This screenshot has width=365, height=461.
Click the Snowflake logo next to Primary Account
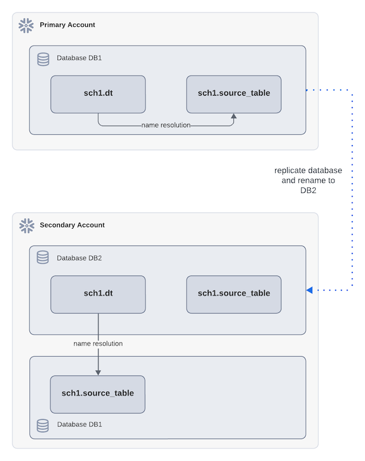click(x=26, y=25)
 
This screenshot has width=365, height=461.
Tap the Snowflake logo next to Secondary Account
click(x=26, y=225)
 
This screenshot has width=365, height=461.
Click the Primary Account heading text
click(x=67, y=25)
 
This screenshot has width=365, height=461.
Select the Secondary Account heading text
click(x=72, y=225)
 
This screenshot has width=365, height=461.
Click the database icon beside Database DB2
click(x=43, y=258)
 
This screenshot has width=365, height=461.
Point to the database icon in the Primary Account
click(x=43, y=59)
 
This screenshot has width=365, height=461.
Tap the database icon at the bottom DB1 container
click(x=43, y=425)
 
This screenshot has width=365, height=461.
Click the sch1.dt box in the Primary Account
click(x=98, y=94)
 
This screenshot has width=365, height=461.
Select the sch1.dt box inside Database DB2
click(x=98, y=294)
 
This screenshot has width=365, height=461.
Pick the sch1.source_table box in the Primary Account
click(x=234, y=94)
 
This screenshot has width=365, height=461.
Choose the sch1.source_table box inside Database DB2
click(x=234, y=294)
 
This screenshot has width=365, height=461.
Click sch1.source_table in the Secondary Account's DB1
click(x=98, y=394)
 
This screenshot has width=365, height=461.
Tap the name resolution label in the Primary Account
click(x=166, y=126)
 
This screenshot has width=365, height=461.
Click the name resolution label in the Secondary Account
click(x=98, y=344)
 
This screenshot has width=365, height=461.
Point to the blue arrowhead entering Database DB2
click(x=309, y=290)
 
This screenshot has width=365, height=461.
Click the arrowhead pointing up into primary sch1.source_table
click(x=234, y=116)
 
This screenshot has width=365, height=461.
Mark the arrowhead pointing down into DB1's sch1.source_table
click(x=98, y=372)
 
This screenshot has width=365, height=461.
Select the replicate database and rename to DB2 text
click(x=308, y=181)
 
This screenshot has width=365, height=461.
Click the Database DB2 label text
click(x=79, y=258)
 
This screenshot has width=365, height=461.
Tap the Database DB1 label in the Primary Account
click(x=79, y=58)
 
